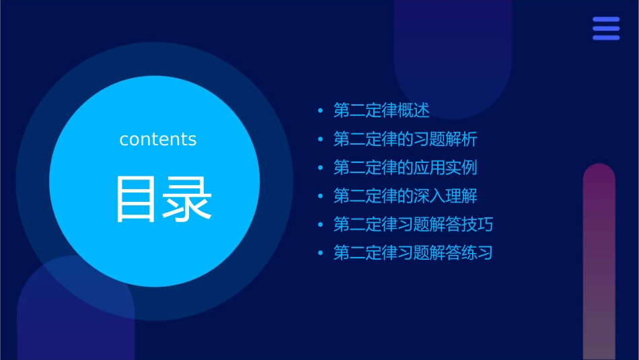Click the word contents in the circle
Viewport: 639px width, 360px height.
pyautogui.click(x=158, y=139)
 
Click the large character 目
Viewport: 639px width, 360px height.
pyautogui.click(x=138, y=199)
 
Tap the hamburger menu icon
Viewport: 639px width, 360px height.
pyautogui.click(x=606, y=29)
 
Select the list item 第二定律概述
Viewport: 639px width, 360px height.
pyautogui.click(x=381, y=110)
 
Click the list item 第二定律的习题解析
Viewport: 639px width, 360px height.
pyautogui.click(x=406, y=139)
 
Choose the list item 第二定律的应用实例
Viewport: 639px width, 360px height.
pyautogui.click(x=406, y=168)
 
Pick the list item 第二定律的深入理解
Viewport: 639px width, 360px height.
pyautogui.click(x=406, y=196)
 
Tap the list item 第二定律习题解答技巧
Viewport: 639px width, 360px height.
pyautogui.click(x=413, y=225)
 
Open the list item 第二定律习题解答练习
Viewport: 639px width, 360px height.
pyautogui.click(x=413, y=254)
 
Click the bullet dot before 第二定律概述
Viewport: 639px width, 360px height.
pyautogui.click(x=320, y=111)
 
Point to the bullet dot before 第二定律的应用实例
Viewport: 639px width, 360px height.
pyautogui.click(x=320, y=168)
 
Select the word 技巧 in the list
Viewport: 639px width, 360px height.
pyautogui.click(x=478, y=225)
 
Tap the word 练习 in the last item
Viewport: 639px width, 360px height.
pyautogui.click(x=478, y=254)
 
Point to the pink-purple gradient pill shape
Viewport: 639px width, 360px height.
pyautogui.click(x=599, y=262)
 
